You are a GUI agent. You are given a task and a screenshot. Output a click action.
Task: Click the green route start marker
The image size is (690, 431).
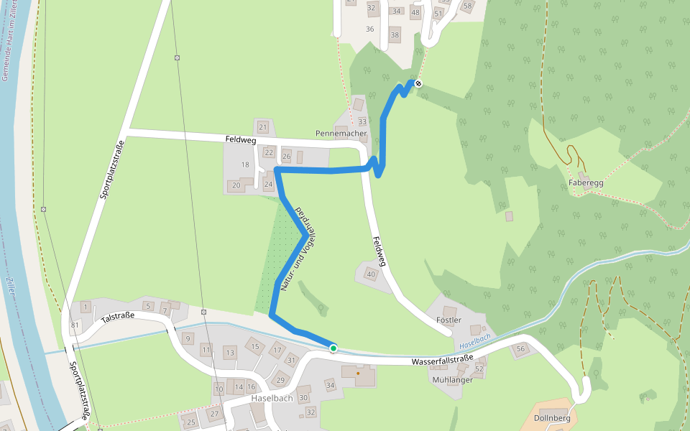(x=333, y=348)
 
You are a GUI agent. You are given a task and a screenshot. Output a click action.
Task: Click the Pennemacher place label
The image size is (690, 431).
(x=341, y=134)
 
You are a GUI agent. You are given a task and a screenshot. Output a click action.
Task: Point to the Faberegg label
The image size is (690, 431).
(x=586, y=182)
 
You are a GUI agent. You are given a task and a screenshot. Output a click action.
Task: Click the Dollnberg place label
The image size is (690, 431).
(x=553, y=418)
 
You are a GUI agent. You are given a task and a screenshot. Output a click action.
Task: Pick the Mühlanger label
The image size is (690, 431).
(x=453, y=380)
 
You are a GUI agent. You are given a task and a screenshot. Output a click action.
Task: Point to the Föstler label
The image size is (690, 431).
(x=448, y=319)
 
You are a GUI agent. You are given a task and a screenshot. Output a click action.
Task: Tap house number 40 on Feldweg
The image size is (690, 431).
(x=372, y=274)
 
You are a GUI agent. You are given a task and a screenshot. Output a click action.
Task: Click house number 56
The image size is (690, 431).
(x=521, y=348)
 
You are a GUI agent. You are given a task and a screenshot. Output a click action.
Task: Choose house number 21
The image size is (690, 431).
(x=263, y=128)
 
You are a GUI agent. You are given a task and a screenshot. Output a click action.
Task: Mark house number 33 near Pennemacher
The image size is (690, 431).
(x=362, y=121)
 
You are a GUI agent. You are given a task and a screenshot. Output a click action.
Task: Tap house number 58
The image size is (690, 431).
(x=468, y=6)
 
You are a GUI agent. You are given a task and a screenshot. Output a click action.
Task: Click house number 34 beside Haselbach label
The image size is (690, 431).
(x=331, y=386)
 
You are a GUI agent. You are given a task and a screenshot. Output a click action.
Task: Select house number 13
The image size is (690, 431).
(x=229, y=353)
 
